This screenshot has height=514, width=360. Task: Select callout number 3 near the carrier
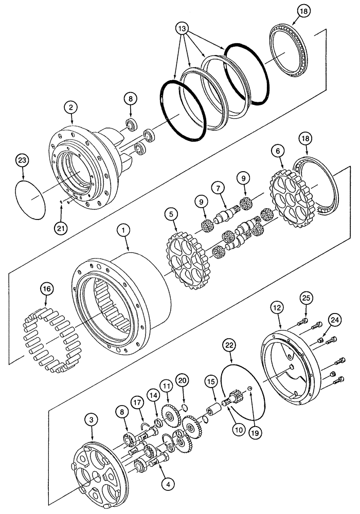tap(92, 420)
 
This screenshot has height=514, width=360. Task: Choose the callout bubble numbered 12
tap(278, 309)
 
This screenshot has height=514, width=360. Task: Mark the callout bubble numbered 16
tap(47, 289)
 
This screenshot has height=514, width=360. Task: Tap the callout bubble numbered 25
tap(306, 297)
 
